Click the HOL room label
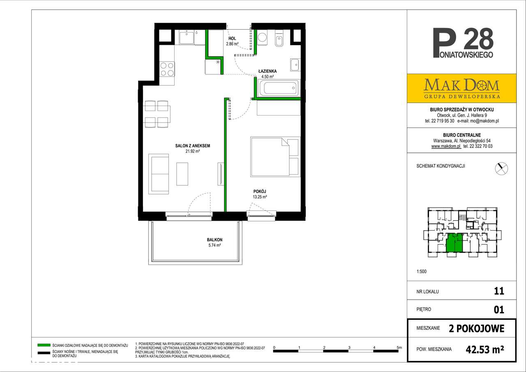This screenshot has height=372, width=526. coord(232,38)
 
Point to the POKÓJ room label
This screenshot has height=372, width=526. coord(260,192)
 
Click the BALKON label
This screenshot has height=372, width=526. coord(215,240)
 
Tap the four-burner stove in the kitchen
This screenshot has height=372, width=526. coord(167,69)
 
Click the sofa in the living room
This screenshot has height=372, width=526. coord(159,173)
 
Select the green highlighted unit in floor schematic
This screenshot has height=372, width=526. coord(454,243)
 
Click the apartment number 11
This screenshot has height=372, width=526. coord(498,291)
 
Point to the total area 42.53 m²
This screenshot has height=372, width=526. coord(485,349)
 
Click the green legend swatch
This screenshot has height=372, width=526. coord(43,344)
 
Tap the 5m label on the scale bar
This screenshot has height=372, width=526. coord(399,347)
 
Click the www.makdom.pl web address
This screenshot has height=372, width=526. coord(445,146)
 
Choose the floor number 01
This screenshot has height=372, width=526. coord(498,309)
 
